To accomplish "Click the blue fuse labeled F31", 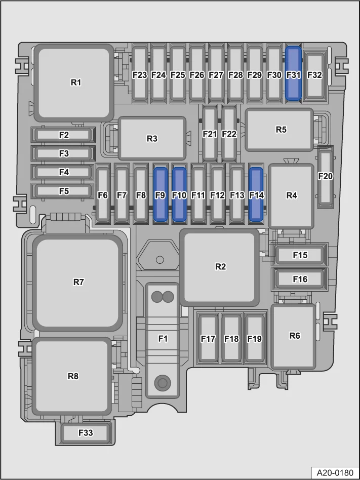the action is tap(293, 73).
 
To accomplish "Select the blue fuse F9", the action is tap(161, 194).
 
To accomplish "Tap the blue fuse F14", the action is tap(256, 194).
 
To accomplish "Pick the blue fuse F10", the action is tap(179, 194).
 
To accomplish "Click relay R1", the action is tap(74, 83).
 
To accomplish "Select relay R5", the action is tap(279, 130).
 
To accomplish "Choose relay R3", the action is tap(152, 138).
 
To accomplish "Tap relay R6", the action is tap(293, 336).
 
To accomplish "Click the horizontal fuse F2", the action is tap(63, 135).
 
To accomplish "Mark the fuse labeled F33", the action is tap(85, 433).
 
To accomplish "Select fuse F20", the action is tap(325, 177).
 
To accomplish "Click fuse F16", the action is tap(300, 279).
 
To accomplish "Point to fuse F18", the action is tap(231, 338).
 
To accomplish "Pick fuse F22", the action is tap(229, 134).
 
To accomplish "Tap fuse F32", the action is tap(315, 75).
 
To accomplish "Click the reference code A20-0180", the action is tap(335, 472).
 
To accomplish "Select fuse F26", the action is tap(197, 75).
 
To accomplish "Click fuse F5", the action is tap(63, 191).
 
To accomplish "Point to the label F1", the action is tap(163, 339).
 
